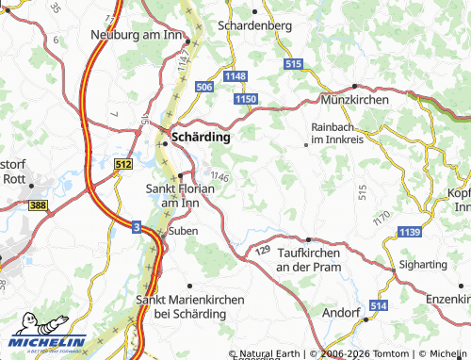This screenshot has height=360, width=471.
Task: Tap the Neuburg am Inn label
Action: pyautogui.click(x=135, y=35)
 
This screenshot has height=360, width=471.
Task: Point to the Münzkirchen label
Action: pyautogui.click(x=349, y=98)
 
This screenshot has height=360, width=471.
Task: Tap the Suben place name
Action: pyautogui.click(x=182, y=231)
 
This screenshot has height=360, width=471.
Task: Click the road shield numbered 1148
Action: pyautogui.click(x=235, y=75)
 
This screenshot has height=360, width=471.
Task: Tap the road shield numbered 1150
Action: pyautogui.click(x=247, y=98)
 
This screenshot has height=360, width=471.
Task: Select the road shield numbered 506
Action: pyautogui.click(x=204, y=87)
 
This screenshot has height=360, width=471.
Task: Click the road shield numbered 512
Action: pyautogui.click(x=122, y=163)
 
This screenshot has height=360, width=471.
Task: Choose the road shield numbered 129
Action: pyautogui.click(x=263, y=252)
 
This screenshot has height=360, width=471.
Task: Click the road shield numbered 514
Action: pyautogui.click(x=379, y=306)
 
